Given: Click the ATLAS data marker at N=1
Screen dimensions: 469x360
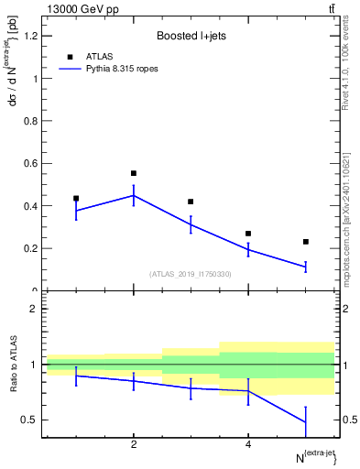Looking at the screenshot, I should (76, 198).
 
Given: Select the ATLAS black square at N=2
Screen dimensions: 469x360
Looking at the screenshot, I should (134, 173).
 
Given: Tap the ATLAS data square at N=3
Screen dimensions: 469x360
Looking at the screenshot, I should (191, 202).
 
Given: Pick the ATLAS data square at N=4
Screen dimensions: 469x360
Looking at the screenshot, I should (248, 234).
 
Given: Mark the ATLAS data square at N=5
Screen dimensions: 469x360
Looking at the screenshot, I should (306, 242).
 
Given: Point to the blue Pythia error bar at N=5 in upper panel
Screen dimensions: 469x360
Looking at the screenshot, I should (306, 267).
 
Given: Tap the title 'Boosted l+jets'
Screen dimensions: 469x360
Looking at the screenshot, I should (189, 36).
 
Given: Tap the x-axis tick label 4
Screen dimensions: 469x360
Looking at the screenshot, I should (248, 445).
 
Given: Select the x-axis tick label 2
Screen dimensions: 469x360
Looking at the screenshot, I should (134, 445).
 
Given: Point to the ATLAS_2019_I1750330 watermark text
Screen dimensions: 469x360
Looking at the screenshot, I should (191, 274).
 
